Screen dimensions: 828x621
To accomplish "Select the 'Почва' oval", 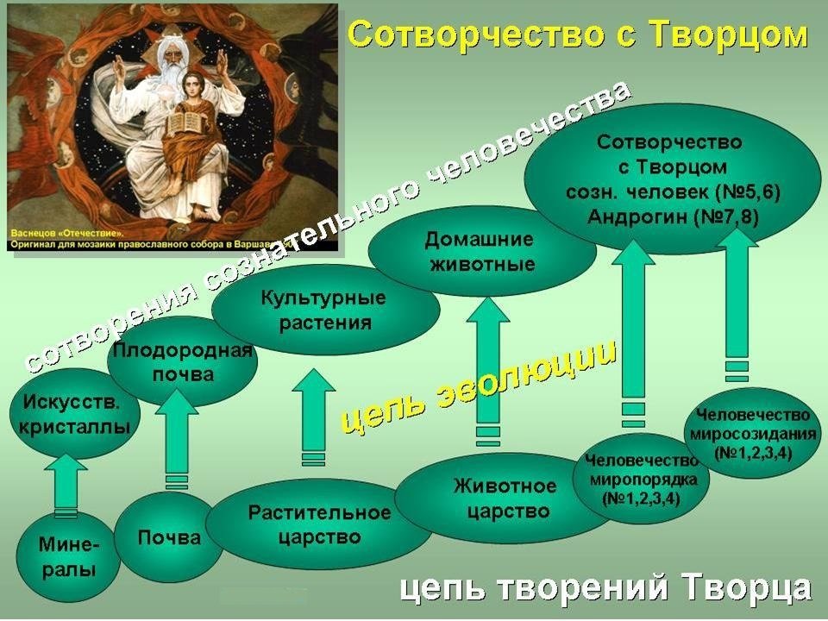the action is tap(169, 537).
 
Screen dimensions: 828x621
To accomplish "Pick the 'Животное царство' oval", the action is tap(505, 498).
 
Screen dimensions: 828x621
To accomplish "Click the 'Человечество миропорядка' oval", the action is tap(642, 479).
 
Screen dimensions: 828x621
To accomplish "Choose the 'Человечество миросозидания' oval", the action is tap(753, 433).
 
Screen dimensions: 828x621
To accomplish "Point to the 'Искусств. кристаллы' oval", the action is tap(74, 414).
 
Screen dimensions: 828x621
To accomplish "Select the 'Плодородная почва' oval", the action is tap(183, 361).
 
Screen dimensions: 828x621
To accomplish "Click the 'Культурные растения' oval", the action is tap(325, 310).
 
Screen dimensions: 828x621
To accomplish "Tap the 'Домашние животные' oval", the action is tap(481, 251).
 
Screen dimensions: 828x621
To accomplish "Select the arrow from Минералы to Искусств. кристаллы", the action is tap(66, 486).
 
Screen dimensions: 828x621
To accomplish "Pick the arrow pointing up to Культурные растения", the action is tap(313, 417).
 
